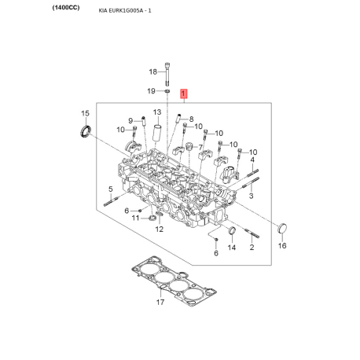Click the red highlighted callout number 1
click(184, 93)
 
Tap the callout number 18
click(154, 72)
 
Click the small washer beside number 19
click(169, 91)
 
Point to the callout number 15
click(85, 115)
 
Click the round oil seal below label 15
click(82, 130)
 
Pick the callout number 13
click(157, 112)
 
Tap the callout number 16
click(284, 246)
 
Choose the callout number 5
click(111, 189)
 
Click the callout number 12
click(159, 230)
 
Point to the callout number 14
click(232, 248)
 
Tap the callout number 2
click(252, 248)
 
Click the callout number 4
click(253, 160)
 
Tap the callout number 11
click(135, 218)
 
